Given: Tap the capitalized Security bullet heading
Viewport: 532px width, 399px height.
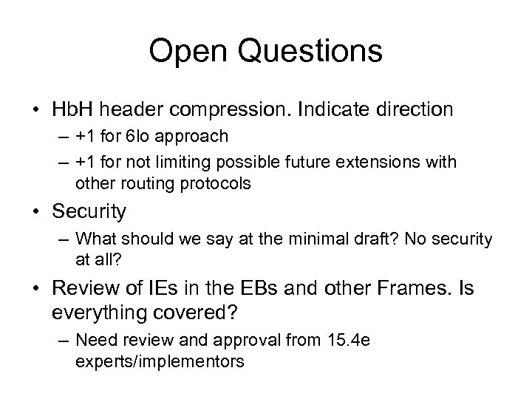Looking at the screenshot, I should pyautogui.click(x=89, y=212).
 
